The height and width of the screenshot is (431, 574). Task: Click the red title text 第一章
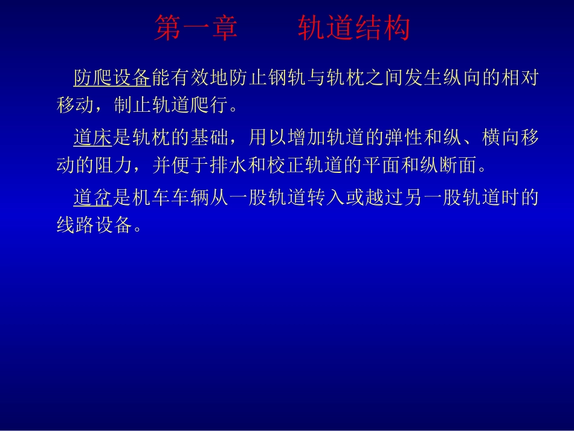click(x=196, y=29)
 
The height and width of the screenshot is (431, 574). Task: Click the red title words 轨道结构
click(x=353, y=29)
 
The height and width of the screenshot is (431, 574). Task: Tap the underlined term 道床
click(x=93, y=138)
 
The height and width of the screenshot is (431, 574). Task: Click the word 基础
click(x=206, y=138)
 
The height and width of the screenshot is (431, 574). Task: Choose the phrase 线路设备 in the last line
click(x=93, y=225)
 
